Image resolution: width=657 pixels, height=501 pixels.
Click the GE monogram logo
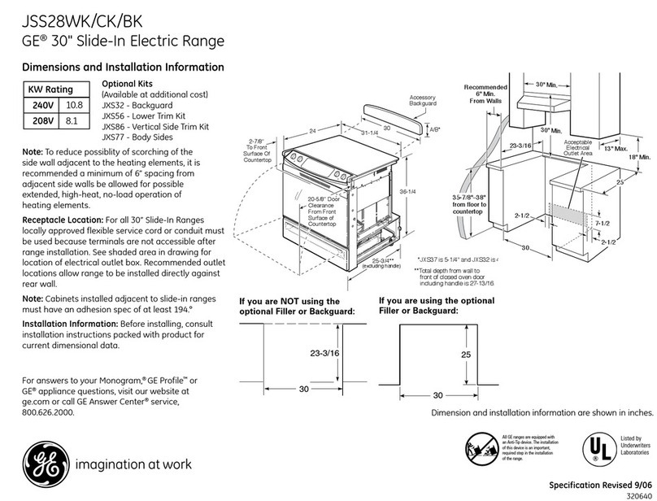click(41, 464)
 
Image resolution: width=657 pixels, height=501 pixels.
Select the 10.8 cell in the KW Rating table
click(75, 106)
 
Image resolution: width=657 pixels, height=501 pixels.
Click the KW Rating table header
click(50, 89)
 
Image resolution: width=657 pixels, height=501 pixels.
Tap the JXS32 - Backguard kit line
click(137, 106)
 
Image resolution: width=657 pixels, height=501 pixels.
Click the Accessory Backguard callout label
click(423, 101)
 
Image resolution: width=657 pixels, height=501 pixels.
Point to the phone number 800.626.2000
click(48, 412)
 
